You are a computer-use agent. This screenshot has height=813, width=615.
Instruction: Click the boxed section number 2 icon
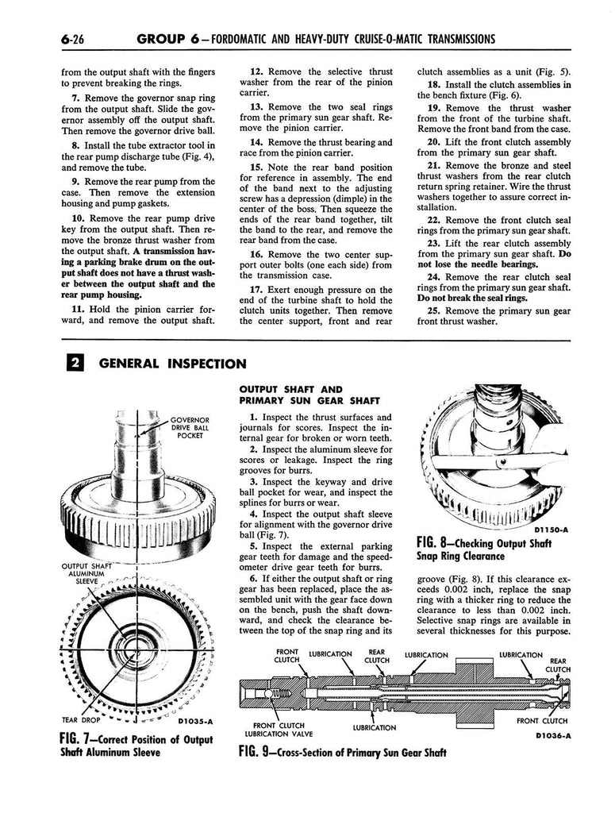[71, 364]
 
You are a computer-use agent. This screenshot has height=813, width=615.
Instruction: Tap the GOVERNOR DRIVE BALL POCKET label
[190, 427]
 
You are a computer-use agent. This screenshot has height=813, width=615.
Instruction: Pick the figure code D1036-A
[548, 735]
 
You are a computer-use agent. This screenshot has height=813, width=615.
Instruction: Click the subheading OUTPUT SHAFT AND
[290, 389]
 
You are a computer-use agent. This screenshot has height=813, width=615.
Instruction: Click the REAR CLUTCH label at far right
[558, 665]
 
